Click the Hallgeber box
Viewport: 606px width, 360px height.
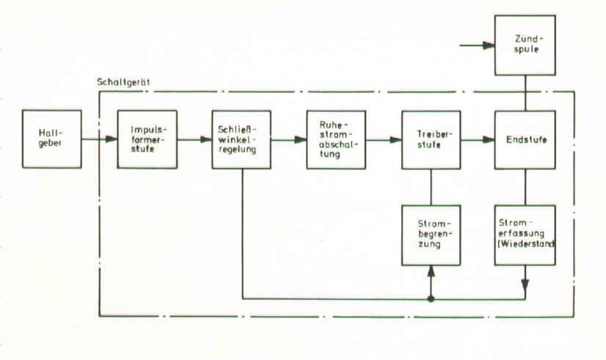[x=51, y=139]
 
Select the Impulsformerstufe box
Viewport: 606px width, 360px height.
[x=147, y=139]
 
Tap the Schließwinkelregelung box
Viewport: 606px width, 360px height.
[x=241, y=139]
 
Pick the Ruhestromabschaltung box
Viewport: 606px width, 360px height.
[x=336, y=139]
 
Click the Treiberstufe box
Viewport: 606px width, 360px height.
[x=431, y=139]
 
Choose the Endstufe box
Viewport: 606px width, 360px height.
[x=525, y=139]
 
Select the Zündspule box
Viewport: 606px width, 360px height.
[x=525, y=45]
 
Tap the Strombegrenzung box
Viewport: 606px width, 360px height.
[x=431, y=235]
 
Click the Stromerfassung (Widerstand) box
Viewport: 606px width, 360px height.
[x=525, y=235]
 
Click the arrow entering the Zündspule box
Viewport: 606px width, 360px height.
[x=477, y=45]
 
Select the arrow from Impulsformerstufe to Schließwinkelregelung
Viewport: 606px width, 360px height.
[x=194, y=139]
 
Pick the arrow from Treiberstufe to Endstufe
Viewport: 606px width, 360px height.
[x=478, y=139]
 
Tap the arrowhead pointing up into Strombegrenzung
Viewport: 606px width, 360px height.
[x=431, y=271]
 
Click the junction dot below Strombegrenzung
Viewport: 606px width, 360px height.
[x=431, y=298]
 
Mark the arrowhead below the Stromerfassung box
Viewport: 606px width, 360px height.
[x=525, y=284]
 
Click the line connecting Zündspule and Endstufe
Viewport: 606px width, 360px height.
[x=525, y=92]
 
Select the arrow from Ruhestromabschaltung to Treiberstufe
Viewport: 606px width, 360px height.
[x=384, y=139]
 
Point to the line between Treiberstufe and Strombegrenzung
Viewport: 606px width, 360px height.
[x=431, y=186]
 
